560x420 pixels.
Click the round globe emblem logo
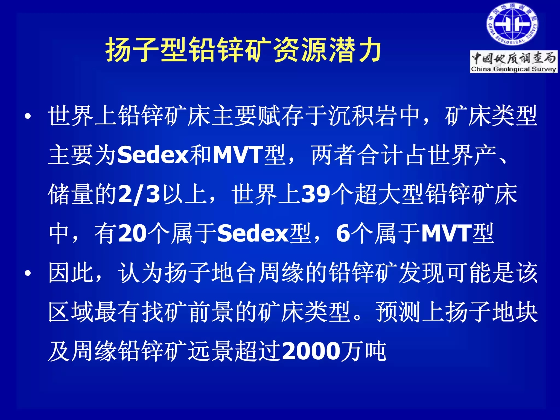tap(512, 25)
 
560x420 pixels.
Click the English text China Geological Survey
tap(514, 69)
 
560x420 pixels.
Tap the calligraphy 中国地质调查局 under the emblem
tap(514, 58)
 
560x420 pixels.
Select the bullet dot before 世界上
tap(28, 116)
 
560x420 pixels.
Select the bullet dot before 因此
tap(28, 273)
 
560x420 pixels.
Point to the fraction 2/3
tap(139, 195)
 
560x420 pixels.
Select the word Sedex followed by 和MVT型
tap(153, 155)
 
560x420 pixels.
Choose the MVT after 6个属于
tap(446, 234)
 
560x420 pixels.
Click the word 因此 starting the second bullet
tap(71, 273)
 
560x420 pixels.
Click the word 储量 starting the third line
tap(71, 195)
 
